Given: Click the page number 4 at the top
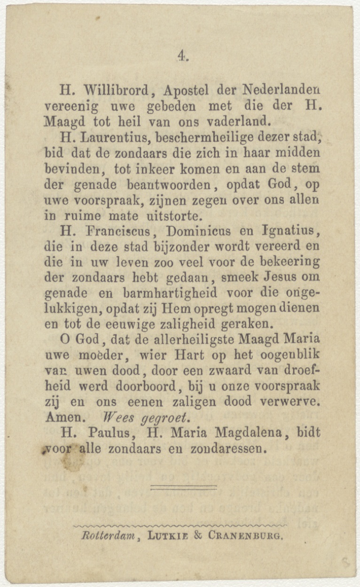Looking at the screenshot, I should tap(181, 56).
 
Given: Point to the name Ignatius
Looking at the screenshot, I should tap(291, 232).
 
